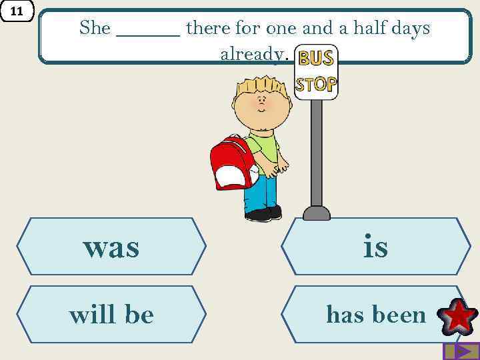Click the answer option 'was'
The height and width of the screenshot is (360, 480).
[111, 247]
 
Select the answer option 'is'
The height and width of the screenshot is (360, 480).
[375, 247]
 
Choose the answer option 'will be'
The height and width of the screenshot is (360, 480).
[111, 314]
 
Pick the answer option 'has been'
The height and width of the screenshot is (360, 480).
[375, 314]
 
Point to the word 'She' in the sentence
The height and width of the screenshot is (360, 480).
[95, 28]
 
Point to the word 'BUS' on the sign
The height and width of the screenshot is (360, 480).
[315, 59]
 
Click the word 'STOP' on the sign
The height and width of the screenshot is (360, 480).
[316, 84]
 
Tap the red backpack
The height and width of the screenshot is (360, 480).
[231, 163]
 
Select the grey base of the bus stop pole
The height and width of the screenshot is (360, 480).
[317, 213]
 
